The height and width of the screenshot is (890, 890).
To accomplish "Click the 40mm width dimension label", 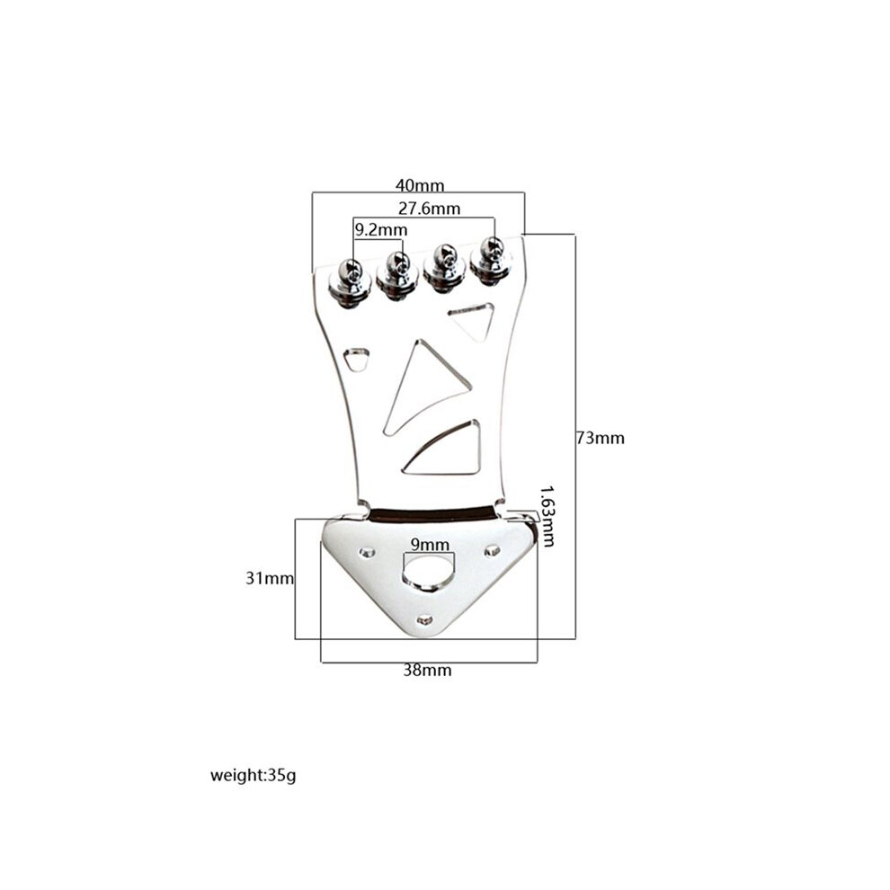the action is coord(420,185).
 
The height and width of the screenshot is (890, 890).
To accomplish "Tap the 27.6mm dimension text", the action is coord(429,209).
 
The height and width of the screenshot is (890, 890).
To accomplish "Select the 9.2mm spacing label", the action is coord(381,230).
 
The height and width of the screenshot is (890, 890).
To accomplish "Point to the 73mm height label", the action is coord(601,438).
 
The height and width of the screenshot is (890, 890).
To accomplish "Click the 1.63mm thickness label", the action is coord(547,516).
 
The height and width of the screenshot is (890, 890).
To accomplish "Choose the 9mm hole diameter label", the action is coord(430,545).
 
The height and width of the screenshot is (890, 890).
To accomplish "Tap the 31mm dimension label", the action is coord(270,578).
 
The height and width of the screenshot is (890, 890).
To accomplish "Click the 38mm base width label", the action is coord(427,671).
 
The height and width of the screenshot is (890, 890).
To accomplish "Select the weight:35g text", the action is coord(254,775).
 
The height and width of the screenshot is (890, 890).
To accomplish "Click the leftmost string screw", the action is coord(351,282).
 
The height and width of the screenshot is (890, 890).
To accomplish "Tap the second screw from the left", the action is coord(397,275).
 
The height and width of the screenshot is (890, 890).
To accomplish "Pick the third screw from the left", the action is coord(444,268).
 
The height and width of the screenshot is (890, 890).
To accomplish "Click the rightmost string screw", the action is coord(491,261).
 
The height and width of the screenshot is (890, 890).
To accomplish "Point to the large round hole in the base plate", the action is coord(429,572).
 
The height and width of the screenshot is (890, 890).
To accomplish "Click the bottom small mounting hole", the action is coord(424,620).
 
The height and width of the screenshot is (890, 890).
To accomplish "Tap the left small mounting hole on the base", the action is coord(368,552).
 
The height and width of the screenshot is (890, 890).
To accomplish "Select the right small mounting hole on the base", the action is coord(492,550).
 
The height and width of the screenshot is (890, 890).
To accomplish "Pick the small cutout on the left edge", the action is coord(357,358).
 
